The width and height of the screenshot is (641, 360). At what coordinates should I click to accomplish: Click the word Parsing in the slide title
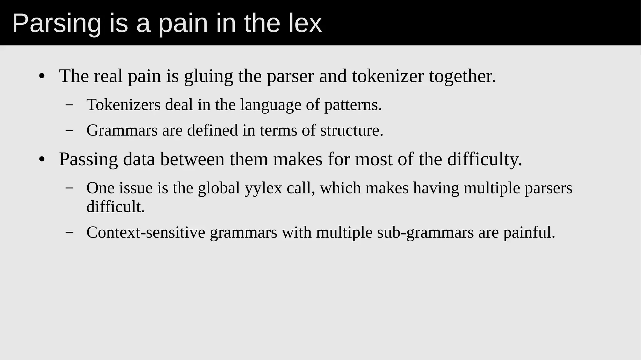[x=57, y=24]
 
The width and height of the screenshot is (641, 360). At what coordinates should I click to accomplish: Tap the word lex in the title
[x=305, y=23]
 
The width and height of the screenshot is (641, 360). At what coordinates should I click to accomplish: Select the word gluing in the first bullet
[x=208, y=76]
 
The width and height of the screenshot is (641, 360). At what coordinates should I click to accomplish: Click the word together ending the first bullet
[x=462, y=76]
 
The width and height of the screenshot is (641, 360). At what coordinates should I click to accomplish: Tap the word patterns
[x=353, y=105]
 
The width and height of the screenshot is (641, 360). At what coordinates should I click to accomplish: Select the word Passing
[x=88, y=159]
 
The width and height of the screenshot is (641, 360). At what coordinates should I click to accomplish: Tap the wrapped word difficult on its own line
[x=115, y=207]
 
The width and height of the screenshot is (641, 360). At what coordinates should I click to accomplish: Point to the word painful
[x=529, y=232]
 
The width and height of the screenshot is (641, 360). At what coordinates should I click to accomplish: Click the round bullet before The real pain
[x=42, y=76]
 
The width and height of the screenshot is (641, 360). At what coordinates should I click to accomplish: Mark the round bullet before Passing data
[x=42, y=160]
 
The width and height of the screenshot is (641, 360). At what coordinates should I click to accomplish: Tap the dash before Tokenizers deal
[x=69, y=105]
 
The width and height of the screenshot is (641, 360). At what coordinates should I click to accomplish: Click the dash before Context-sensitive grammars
[x=69, y=233]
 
